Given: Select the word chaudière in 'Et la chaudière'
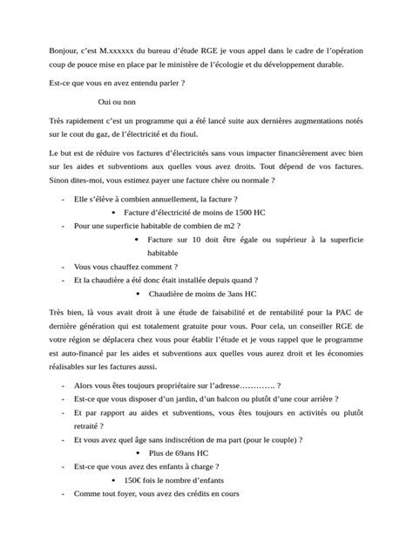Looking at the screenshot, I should [x=120, y=281].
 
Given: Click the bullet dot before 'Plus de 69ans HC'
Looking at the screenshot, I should [x=141, y=453].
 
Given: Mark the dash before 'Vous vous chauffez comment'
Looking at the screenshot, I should [x=62, y=267].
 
